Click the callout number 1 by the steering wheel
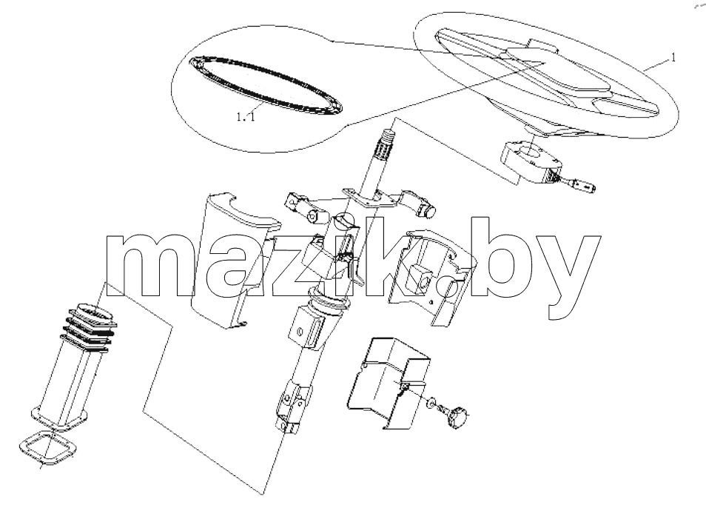pyautogui.click(x=673, y=58)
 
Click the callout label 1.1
pyautogui.click(x=246, y=117)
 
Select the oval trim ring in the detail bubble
pyautogui.click(x=266, y=84)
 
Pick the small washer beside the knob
pyautogui.click(x=431, y=402)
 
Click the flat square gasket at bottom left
pyautogui.click(x=47, y=447)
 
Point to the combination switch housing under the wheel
pyautogui.click(x=530, y=161)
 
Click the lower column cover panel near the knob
pyautogui.click(x=389, y=382)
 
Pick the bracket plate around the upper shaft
pyautogui.click(x=371, y=198)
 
